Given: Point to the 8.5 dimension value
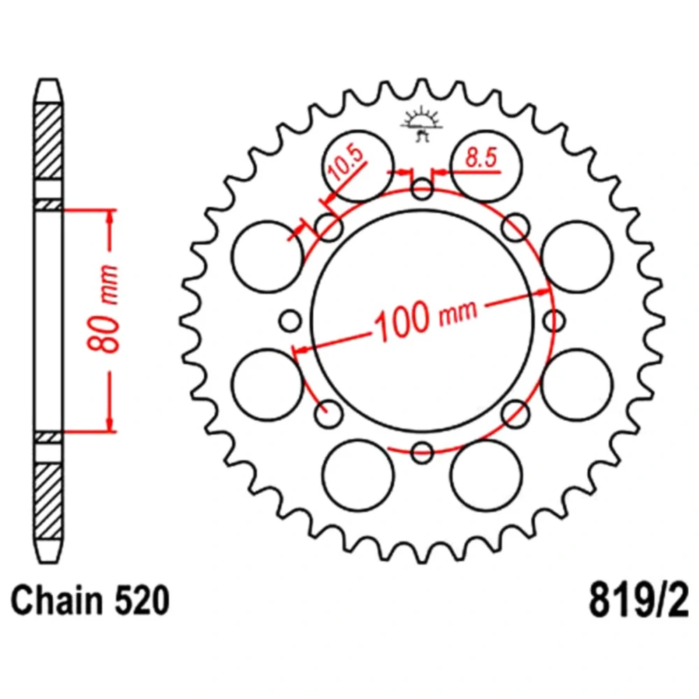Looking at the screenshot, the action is [x=481, y=157].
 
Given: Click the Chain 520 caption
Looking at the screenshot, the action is [x=90, y=600].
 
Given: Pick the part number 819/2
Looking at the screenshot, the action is [x=639, y=600].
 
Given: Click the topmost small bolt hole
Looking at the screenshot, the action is [x=421, y=189].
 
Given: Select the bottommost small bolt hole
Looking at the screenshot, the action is [x=422, y=452].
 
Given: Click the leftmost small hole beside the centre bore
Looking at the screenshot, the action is [x=290, y=321].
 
